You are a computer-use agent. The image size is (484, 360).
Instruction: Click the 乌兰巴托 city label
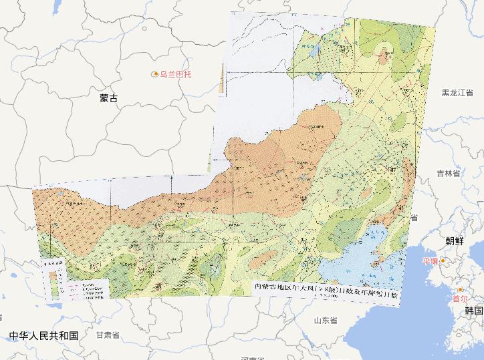[x=175, y=73]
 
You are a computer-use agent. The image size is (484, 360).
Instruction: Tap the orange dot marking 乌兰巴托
[x=155, y=73]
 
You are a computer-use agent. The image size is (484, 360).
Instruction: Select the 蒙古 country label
[x=108, y=98]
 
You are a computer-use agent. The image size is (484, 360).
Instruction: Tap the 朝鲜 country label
[x=454, y=240]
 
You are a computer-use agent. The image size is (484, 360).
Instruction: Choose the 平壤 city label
[x=429, y=260]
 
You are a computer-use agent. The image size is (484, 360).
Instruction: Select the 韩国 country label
[x=474, y=311]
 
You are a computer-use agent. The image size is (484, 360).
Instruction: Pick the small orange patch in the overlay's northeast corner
[x=384, y=55]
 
